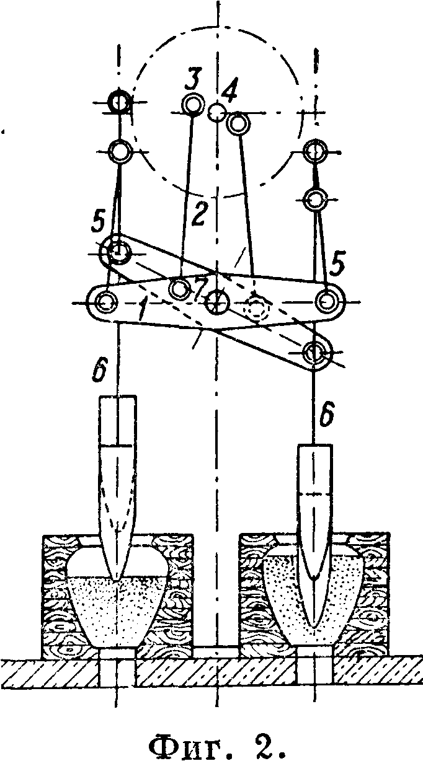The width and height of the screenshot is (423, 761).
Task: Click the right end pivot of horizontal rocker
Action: pyautogui.click(x=326, y=301)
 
